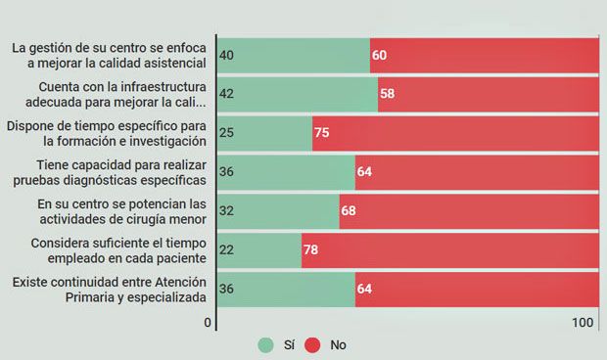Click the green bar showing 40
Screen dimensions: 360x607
(293, 55)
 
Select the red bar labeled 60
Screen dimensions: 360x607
(485, 55)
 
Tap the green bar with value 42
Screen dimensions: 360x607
(297, 94)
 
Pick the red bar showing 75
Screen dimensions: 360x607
(455, 132)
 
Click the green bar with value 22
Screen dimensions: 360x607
(258, 250)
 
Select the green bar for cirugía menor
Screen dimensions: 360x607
(277, 210)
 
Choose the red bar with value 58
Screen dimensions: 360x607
(489, 94)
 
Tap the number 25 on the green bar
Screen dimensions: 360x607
(227, 133)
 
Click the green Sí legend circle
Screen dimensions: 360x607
(265, 344)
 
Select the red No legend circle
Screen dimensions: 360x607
(313, 344)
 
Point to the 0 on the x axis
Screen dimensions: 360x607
(208, 323)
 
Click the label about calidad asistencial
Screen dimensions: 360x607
(109, 55)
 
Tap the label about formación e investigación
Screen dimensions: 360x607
(109, 133)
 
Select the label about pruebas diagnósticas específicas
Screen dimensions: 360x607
(109, 172)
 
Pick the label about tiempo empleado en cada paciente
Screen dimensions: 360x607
(109, 250)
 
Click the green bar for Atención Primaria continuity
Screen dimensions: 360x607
(285, 289)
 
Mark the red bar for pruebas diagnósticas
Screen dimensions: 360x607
(477, 171)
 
